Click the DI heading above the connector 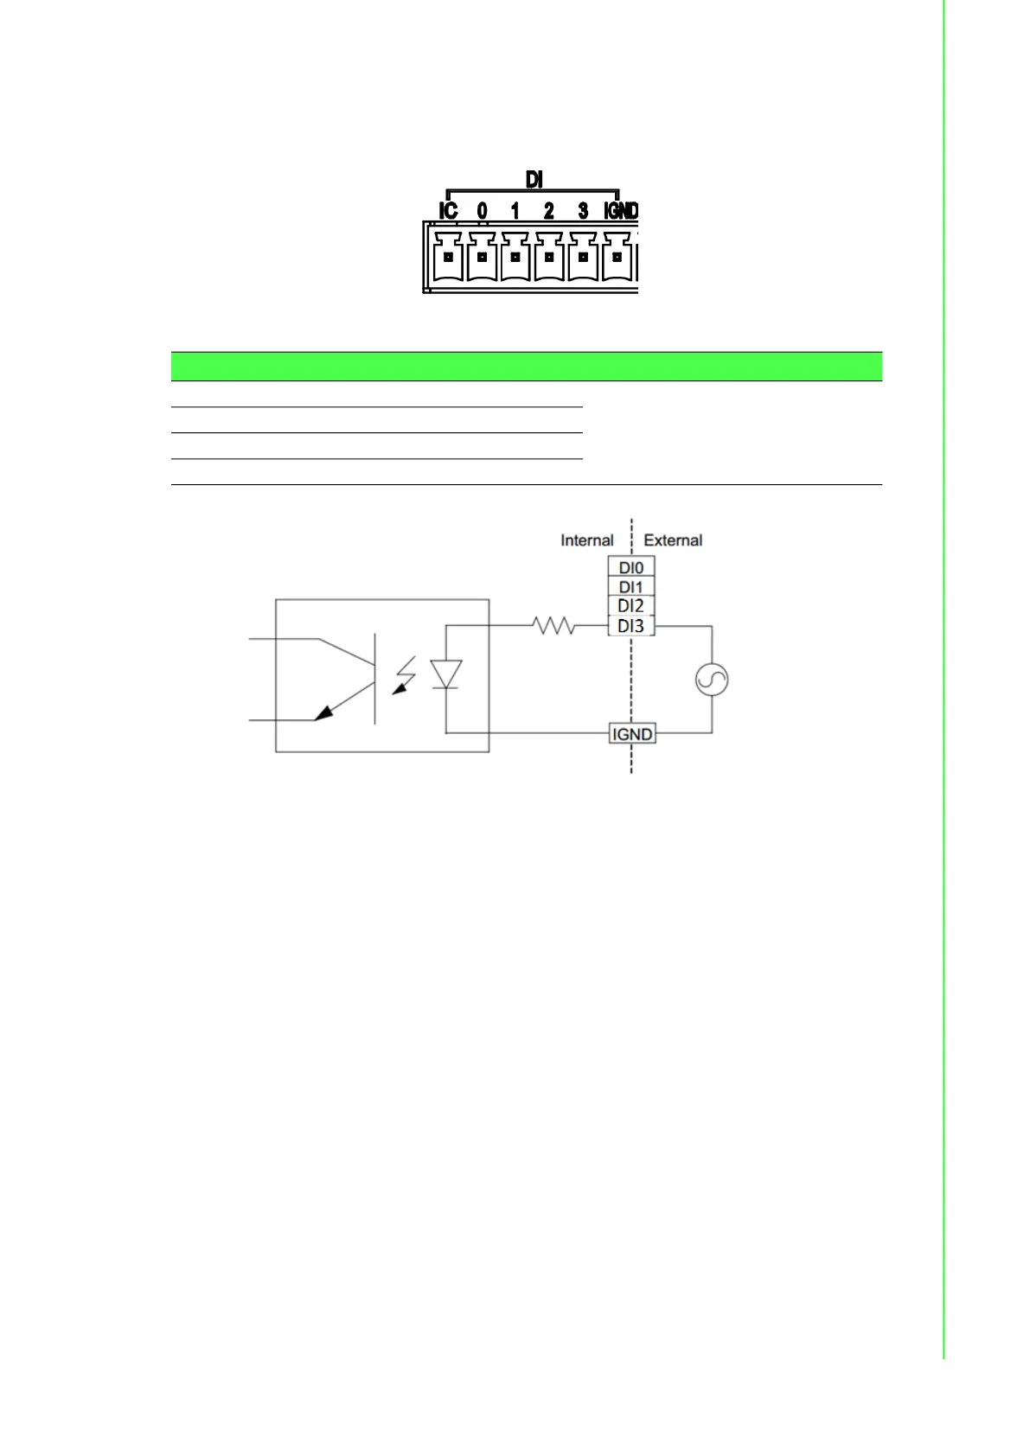click(x=534, y=179)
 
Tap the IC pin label click(x=448, y=211)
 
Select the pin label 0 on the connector click(x=482, y=211)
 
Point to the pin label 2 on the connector click(x=549, y=211)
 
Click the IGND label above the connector click(x=620, y=211)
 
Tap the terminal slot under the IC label click(x=448, y=257)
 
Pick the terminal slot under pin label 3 click(x=583, y=257)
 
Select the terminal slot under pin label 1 click(x=515, y=257)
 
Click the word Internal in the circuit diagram click(x=586, y=540)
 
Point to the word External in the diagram click(x=673, y=540)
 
